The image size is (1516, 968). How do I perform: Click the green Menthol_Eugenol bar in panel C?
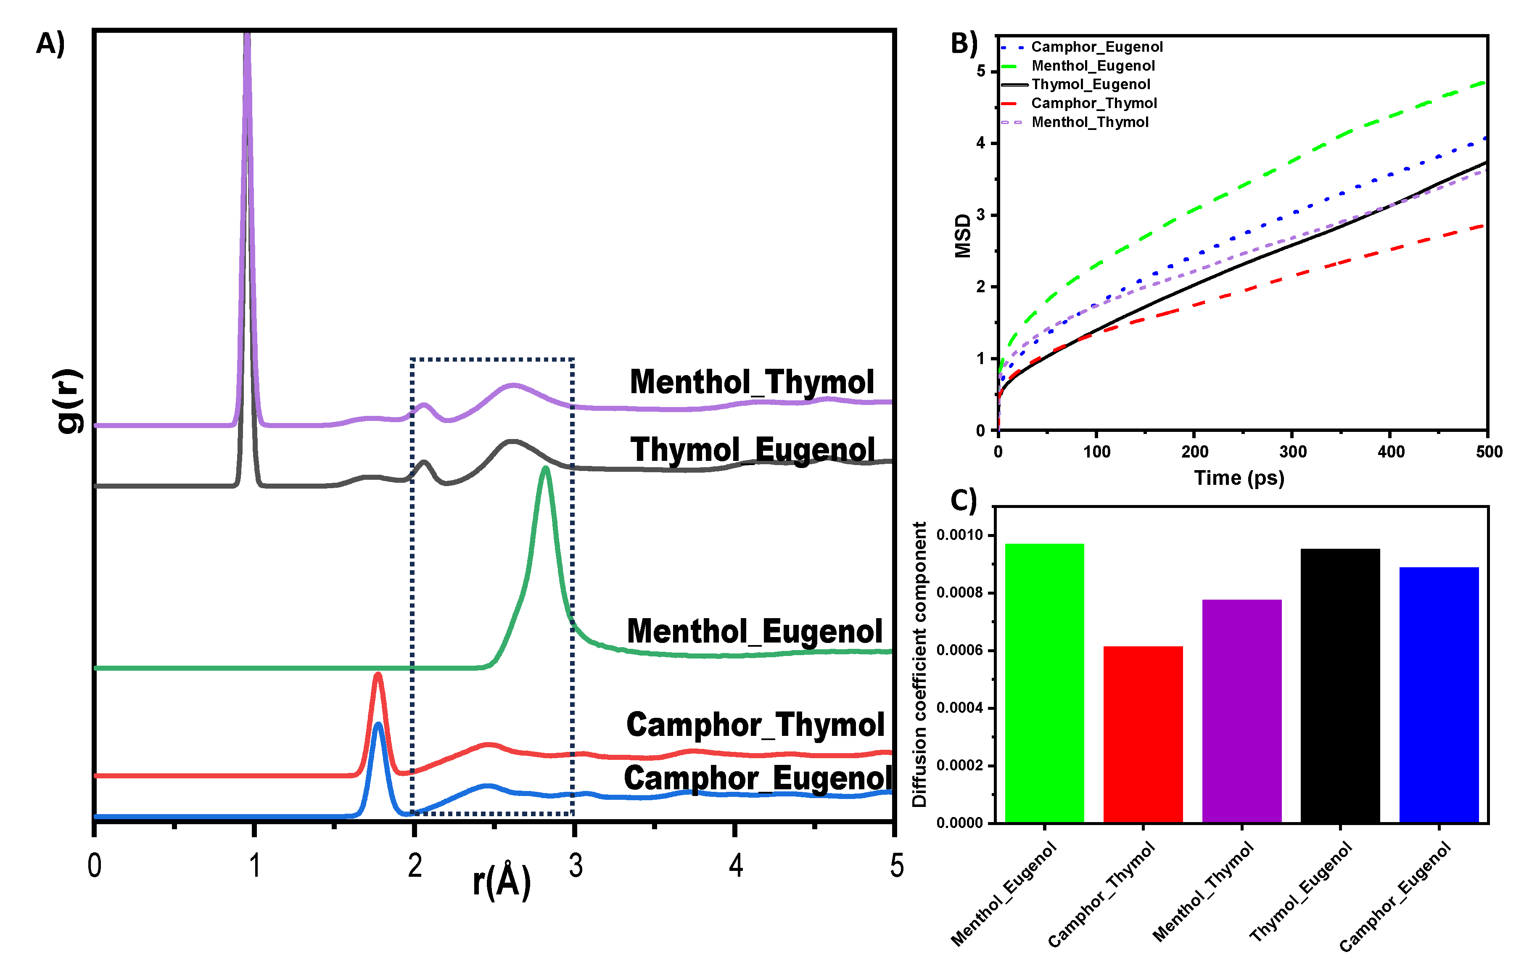pyautogui.click(x=1044, y=683)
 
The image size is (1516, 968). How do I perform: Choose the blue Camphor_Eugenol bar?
pyautogui.click(x=1439, y=695)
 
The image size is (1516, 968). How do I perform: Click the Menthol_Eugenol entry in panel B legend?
pyautogui.click(x=1093, y=66)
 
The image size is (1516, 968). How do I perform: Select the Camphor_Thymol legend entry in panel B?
pyautogui.click(x=1093, y=103)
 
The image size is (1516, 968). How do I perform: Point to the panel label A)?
pyautogui.click(x=50, y=44)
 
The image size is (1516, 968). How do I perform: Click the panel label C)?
pyautogui.click(x=963, y=501)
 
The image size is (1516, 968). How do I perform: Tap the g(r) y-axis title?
pyautogui.click(x=69, y=401)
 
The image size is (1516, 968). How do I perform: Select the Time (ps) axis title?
pyautogui.click(x=1239, y=478)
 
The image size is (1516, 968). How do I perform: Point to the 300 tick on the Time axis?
pyautogui.click(x=1292, y=452)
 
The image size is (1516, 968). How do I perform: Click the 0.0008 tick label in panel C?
pyautogui.click(x=959, y=592)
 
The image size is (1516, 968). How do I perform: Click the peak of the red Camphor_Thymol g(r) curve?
pyautogui.click(x=378, y=675)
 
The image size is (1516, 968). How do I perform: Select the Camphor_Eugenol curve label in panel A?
pyautogui.click(x=758, y=778)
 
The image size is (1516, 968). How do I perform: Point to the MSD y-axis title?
pyautogui.click(x=963, y=236)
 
